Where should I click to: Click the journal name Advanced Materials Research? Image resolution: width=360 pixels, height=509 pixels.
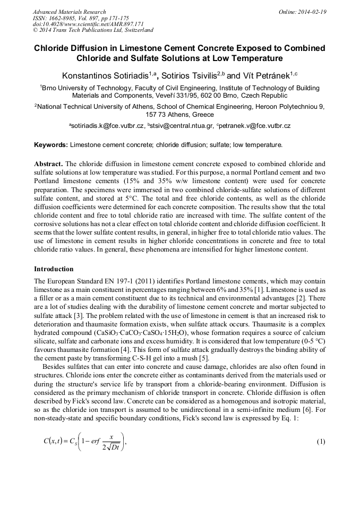69,12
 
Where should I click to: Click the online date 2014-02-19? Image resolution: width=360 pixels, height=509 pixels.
312,12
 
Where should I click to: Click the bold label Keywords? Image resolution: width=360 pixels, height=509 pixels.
51,144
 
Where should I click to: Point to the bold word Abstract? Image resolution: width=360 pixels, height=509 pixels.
48,164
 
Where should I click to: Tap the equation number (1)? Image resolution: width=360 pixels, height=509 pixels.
321,442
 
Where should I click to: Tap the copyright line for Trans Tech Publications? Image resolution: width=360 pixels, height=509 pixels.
93,30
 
